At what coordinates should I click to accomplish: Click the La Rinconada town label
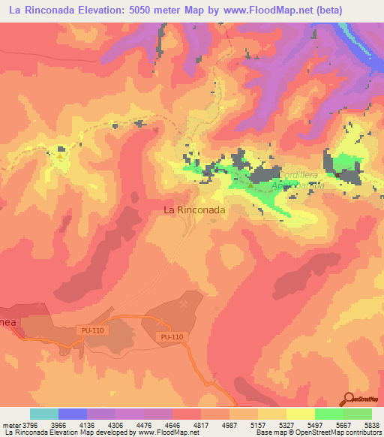[194, 211]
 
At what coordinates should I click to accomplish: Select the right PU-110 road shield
[172, 337]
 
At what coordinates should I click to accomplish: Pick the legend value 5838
[370, 424]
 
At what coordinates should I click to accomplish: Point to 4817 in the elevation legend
[200, 424]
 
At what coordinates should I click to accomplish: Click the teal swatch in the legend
[44, 414]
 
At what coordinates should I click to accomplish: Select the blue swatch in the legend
[73, 414]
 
